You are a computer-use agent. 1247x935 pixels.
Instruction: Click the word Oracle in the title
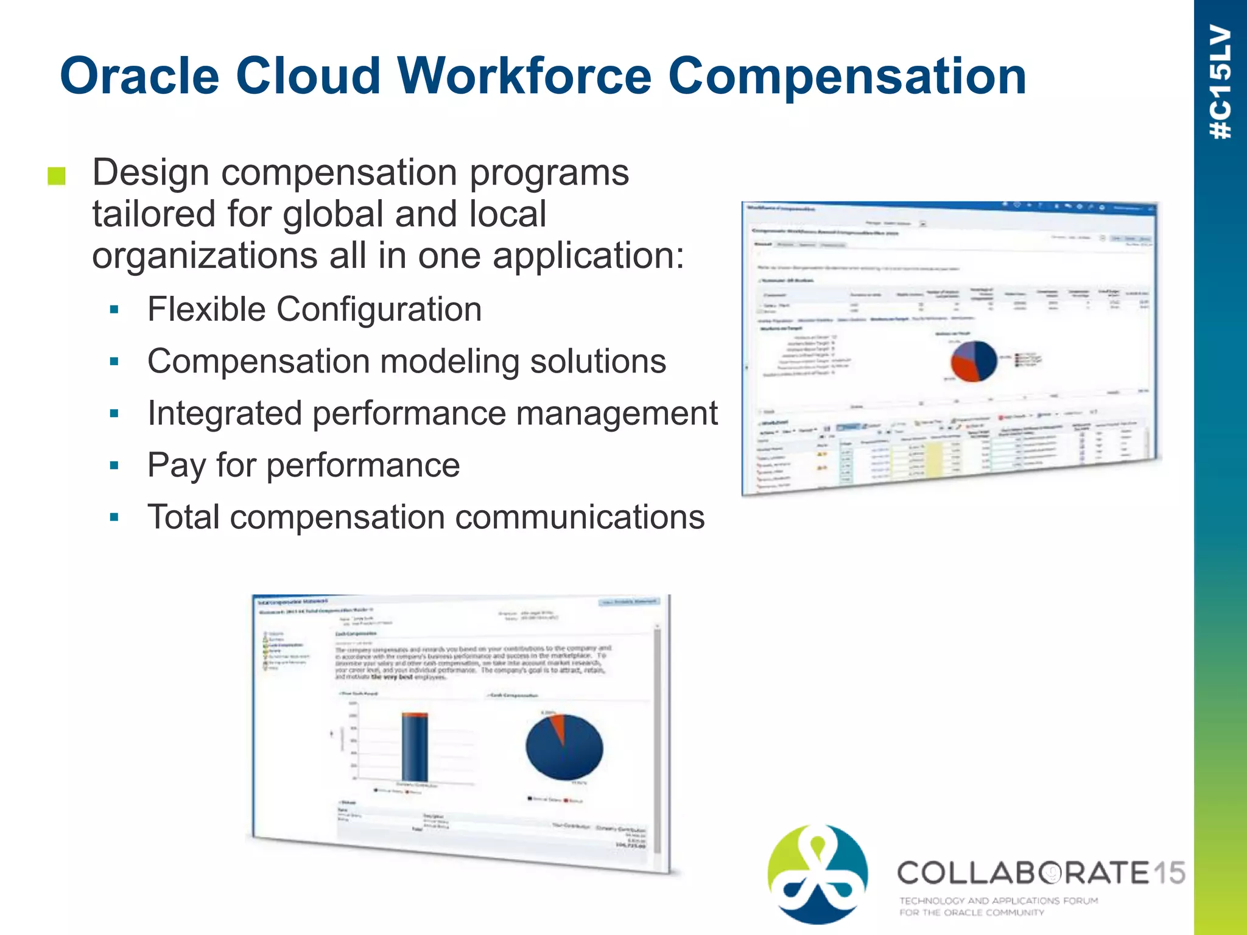[x=139, y=76]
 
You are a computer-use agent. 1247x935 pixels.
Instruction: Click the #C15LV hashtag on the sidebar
[x=1221, y=82]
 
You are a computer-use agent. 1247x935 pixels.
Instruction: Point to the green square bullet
[x=56, y=176]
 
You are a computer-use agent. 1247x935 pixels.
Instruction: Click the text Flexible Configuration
[x=314, y=309]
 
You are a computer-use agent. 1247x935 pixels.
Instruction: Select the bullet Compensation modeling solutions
[x=406, y=362]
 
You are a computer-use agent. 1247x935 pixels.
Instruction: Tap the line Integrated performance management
[x=432, y=413]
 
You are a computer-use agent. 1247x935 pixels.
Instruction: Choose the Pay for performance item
[x=303, y=466]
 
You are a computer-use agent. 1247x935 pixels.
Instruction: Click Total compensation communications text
[x=426, y=517]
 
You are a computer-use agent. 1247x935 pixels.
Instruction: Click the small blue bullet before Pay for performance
[x=114, y=466]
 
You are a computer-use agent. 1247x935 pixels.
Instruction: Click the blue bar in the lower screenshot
[x=415, y=749]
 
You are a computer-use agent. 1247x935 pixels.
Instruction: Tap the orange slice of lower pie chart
[x=558, y=727]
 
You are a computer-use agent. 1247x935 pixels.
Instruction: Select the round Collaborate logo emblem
[x=818, y=874]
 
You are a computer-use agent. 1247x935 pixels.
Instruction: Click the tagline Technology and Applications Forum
[x=999, y=900]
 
